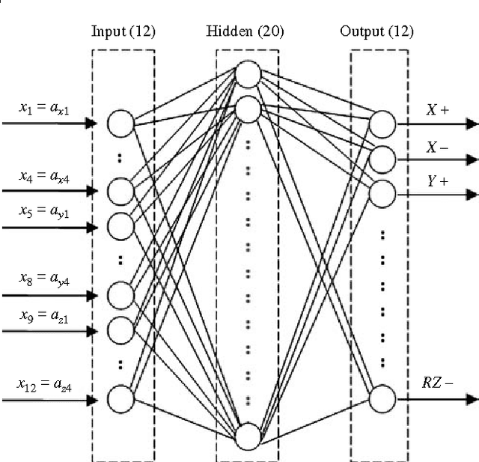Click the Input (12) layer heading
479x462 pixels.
coord(123,31)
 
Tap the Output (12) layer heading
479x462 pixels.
coord(376,31)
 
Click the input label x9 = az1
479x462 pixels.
coord(45,314)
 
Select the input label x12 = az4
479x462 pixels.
coord(45,384)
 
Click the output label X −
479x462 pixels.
coord(437,147)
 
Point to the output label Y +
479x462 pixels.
coord(437,180)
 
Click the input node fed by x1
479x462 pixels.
coord(120,124)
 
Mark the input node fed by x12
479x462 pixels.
coord(120,399)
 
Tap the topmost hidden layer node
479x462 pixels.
coord(248,74)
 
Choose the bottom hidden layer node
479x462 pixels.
coord(248,436)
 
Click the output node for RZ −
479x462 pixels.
coord(382,399)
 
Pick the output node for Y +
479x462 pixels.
coord(382,193)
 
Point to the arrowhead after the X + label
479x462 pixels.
coord(472,124)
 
